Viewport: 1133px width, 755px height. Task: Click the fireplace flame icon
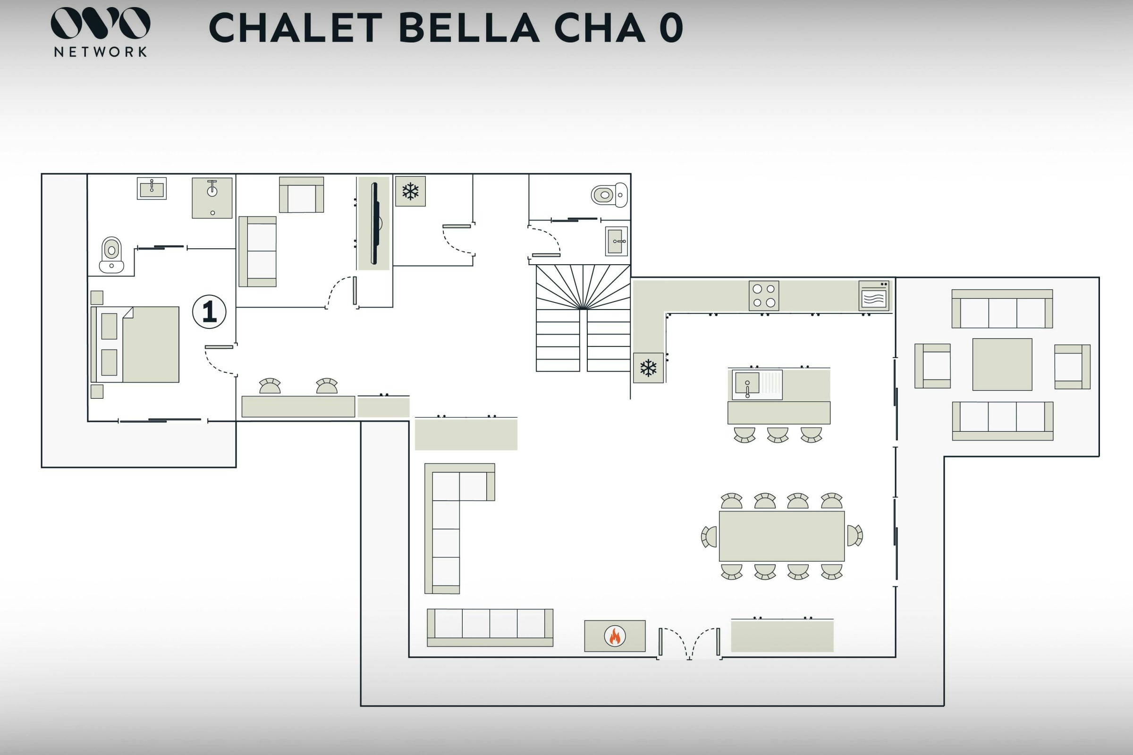pos(615,636)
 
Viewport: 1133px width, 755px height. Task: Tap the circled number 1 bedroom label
pos(209,311)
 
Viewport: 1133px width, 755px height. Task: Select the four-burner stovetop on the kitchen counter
pos(763,295)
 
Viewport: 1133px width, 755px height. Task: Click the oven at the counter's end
pos(874,296)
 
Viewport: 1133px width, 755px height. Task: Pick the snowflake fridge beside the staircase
pos(648,368)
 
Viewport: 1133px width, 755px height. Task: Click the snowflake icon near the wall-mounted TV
pos(410,191)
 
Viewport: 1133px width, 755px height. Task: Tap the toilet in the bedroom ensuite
pos(111,255)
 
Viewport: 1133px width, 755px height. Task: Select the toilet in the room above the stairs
pos(609,195)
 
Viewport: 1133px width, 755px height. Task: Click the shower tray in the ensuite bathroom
pos(212,198)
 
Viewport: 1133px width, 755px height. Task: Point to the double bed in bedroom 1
pos(135,344)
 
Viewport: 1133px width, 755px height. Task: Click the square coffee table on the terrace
pos(1002,364)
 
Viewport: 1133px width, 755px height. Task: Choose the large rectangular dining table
pos(781,536)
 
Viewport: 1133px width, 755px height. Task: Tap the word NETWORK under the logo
pos(100,51)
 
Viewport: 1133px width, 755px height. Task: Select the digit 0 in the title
pos(671,27)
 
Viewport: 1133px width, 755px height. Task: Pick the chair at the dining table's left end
pos(709,537)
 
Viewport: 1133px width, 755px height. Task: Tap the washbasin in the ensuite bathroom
pos(152,188)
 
